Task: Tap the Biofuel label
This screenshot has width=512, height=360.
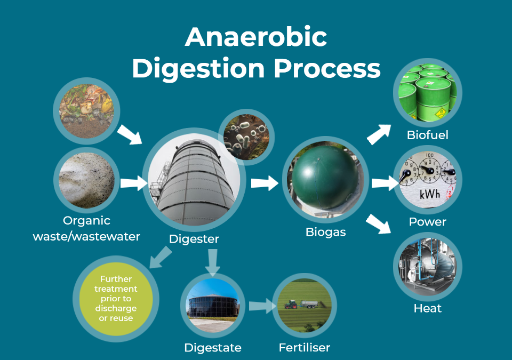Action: [x=427, y=135]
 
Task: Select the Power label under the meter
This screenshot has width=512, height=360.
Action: [x=427, y=221]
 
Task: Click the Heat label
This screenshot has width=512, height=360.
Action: [x=427, y=308]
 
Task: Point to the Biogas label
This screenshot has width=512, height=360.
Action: [x=325, y=232]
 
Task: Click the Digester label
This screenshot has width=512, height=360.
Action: [x=194, y=239]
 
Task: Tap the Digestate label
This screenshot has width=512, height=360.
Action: [x=213, y=348]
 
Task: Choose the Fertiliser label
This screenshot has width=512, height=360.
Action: [x=304, y=348]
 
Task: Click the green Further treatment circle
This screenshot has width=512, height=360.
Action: [x=116, y=298]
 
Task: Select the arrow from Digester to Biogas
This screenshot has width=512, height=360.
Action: [x=265, y=183]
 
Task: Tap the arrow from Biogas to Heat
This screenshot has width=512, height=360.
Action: [x=379, y=224]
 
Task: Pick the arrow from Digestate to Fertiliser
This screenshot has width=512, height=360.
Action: [x=260, y=307]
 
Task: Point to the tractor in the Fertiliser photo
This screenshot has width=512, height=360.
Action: [x=291, y=305]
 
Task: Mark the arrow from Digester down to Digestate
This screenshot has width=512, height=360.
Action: [x=213, y=262]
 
